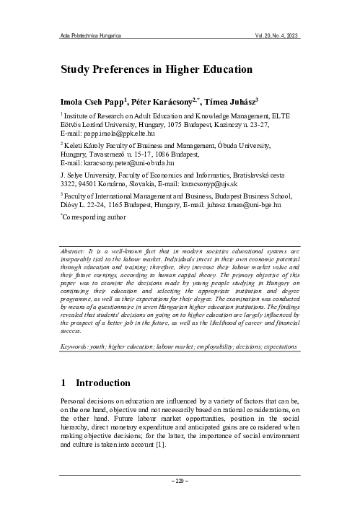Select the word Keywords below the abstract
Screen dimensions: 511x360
[x=77, y=347]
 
